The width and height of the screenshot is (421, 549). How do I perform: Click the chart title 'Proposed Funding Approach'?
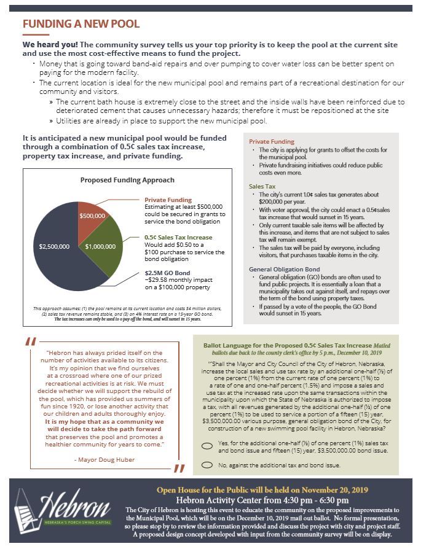[127, 181]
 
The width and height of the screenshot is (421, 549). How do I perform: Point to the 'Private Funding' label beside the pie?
[168, 200]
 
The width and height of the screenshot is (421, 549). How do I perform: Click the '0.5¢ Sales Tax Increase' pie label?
[178, 237]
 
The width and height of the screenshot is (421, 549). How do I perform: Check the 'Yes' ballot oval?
[207, 446]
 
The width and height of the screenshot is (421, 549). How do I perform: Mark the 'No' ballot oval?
[207, 465]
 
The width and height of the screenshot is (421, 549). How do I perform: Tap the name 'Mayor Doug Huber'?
[104, 458]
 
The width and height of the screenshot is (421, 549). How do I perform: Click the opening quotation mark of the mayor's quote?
[31, 341]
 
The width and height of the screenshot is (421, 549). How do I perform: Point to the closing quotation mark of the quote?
[178, 470]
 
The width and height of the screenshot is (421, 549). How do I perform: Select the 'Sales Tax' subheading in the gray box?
[262, 186]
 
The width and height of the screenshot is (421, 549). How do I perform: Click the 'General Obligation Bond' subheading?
[284, 270]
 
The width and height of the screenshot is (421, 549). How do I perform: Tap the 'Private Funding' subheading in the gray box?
[272, 141]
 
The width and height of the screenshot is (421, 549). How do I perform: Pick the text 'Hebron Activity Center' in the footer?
[243, 500]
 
